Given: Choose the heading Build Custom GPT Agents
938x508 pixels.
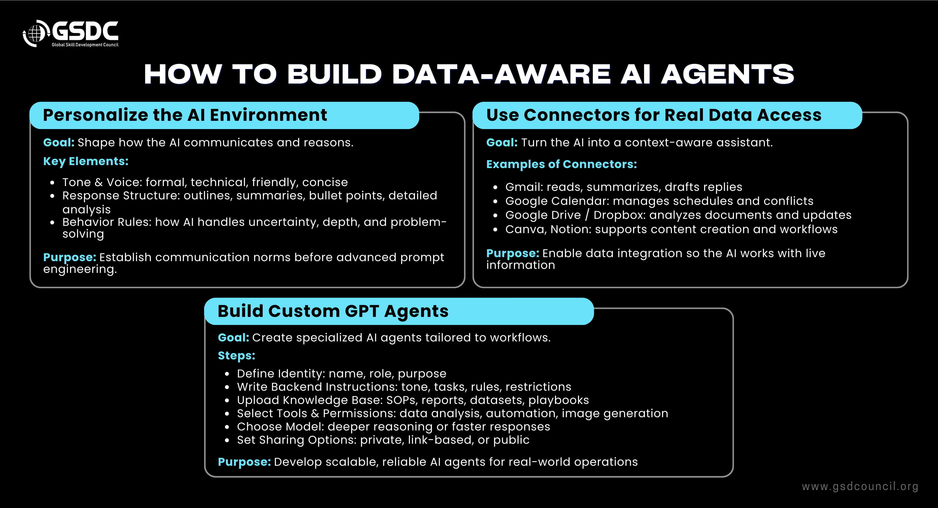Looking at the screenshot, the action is [x=333, y=311].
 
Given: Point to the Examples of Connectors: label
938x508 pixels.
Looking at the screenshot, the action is [x=562, y=164].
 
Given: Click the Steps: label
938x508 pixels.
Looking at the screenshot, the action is [x=236, y=356].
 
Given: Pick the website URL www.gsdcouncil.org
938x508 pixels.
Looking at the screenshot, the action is [x=860, y=486].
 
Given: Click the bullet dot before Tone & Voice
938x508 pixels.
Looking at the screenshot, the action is [x=53, y=182].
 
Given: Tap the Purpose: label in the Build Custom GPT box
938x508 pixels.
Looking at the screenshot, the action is [x=244, y=462].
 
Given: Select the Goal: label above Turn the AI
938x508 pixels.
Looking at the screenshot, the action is [x=502, y=142].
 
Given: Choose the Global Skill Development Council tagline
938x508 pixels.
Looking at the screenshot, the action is [x=85, y=45].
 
